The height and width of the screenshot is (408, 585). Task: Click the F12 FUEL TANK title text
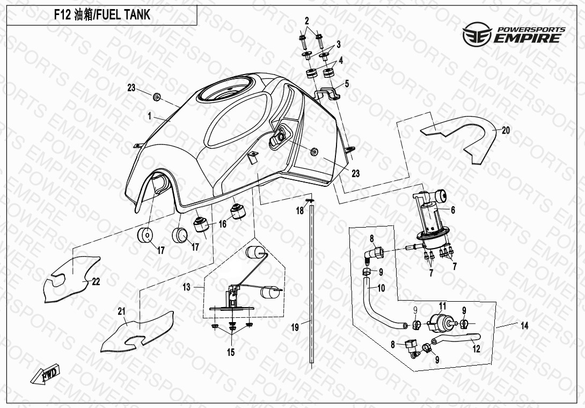[x=102, y=15]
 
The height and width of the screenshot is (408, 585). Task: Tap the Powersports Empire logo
[x=514, y=34]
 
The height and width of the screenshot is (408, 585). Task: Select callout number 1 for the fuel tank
[x=150, y=115]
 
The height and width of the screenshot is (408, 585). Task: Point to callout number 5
[x=347, y=84]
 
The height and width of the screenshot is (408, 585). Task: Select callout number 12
[x=476, y=348]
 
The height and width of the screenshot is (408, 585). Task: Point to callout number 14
[x=524, y=325]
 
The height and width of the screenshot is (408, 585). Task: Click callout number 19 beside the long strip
[x=295, y=327]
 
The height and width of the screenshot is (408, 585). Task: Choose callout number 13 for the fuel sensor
[x=186, y=287]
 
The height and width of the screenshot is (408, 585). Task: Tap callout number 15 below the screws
[x=231, y=353]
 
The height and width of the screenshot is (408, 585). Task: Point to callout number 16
[x=222, y=224]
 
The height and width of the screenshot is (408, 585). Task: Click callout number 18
[x=299, y=212]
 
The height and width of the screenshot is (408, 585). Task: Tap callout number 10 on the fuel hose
[x=381, y=288]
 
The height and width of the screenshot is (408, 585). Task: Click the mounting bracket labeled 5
[x=327, y=93]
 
